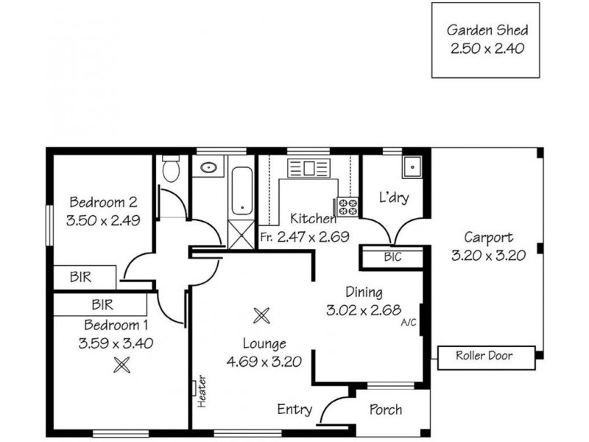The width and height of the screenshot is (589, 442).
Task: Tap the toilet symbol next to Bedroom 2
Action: [171, 170]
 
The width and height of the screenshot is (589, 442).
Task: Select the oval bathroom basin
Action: [208, 167]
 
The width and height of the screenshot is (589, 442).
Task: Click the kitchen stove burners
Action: [348, 207]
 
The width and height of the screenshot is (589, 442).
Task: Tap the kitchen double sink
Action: [302, 168]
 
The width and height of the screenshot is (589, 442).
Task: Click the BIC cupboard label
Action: [392, 258]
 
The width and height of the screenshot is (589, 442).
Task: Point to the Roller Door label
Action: [484, 357]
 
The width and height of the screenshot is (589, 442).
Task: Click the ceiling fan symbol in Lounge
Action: [261, 315]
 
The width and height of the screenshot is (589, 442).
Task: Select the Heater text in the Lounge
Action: [200, 394]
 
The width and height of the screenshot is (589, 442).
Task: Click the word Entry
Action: [294, 410]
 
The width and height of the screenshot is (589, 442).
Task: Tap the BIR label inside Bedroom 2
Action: [80, 278]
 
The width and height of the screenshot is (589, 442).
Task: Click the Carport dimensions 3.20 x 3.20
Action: [488, 256]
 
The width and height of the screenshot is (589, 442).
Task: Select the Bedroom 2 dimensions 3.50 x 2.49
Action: [103, 219]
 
